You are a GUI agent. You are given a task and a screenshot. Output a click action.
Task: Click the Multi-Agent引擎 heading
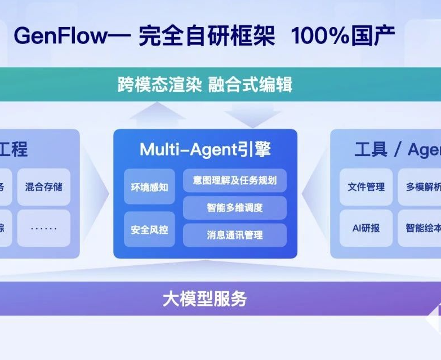[x=205, y=149]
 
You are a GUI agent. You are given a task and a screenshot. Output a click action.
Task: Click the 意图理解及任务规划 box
[x=234, y=180]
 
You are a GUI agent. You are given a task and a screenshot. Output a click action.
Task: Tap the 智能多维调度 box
[x=234, y=207]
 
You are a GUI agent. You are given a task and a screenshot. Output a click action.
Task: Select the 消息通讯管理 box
[x=234, y=234]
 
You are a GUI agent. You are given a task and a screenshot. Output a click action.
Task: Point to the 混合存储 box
[x=43, y=186]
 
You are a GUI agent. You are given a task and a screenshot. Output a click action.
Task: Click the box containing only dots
[x=43, y=228]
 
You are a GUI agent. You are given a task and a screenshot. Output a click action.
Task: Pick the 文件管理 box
[x=366, y=186]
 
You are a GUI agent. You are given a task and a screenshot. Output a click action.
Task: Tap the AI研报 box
[x=366, y=228]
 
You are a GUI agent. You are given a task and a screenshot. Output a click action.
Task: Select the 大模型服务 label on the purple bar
[x=205, y=298]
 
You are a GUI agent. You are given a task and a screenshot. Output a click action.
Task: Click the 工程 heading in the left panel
[x=14, y=149]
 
